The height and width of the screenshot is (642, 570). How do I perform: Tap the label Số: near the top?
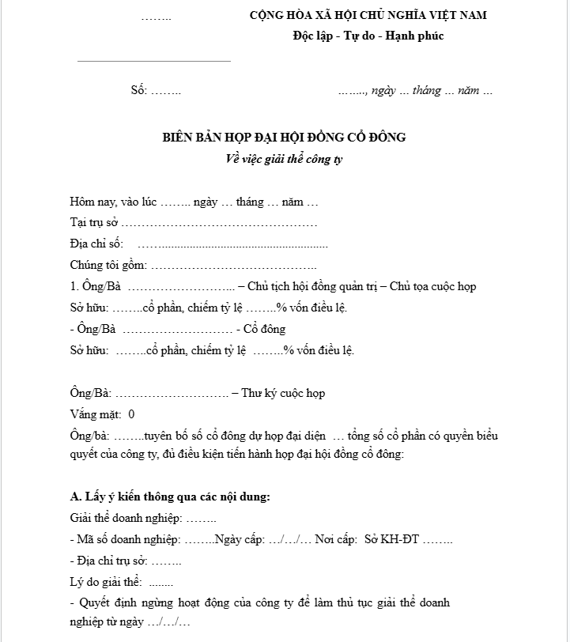pyautogui.click(x=139, y=90)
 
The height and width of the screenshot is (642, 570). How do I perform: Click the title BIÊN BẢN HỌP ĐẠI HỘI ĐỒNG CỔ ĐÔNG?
pyautogui.click(x=284, y=138)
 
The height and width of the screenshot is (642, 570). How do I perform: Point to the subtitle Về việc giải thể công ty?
pyautogui.click(x=284, y=158)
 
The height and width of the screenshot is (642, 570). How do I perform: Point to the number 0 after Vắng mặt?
pyautogui.click(x=131, y=414)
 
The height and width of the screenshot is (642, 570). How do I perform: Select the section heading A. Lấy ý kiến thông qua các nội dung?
pyautogui.click(x=170, y=497)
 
